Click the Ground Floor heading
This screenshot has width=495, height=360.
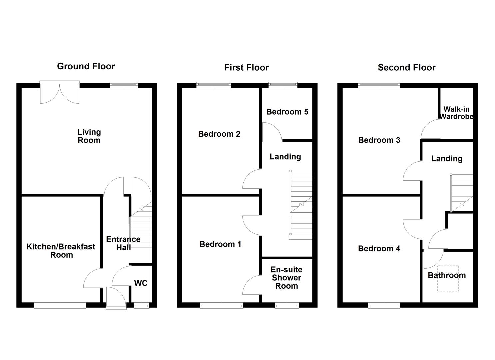[86, 66]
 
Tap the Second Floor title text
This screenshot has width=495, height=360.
[406, 68]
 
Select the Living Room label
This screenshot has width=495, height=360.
[89, 136]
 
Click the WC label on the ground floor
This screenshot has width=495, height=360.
[141, 283]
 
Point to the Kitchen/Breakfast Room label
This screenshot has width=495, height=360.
[61, 251]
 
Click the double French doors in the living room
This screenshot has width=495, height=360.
[60, 92]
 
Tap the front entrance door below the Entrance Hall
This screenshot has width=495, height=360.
[116, 298]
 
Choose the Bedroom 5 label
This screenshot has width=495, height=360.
[287, 112]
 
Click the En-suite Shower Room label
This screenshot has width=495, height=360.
[286, 278]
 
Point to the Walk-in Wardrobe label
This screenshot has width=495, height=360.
[456, 113]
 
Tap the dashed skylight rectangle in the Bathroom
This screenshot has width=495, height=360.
[448, 279]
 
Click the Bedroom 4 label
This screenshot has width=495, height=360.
[379, 249]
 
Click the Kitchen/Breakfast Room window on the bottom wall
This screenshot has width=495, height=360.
[60, 305]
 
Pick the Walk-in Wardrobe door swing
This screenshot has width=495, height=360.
[430, 130]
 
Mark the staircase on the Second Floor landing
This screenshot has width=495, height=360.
[461, 192]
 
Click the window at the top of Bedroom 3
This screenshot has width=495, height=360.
[379, 85]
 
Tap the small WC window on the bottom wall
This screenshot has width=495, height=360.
[142, 305]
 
